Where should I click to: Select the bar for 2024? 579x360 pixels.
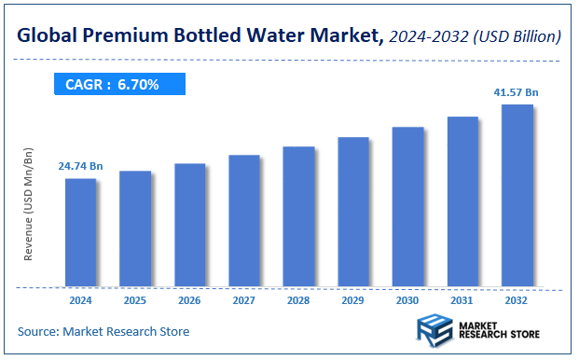pyautogui.click(x=80, y=232)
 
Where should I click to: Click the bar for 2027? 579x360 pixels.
pyautogui.click(x=244, y=221)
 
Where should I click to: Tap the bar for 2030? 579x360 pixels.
pyautogui.click(x=408, y=206)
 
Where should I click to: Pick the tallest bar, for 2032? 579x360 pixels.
pyautogui.click(x=517, y=195)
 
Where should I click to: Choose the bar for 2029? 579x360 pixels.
pyautogui.click(x=353, y=212)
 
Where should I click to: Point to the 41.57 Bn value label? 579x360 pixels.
pyautogui.click(x=515, y=92)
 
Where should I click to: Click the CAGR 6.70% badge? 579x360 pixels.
pyautogui.click(x=118, y=85)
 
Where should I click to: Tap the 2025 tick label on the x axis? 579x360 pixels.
pyautogui.click(x=134, y=301)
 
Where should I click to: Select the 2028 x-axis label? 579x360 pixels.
pyautogui.click(x=298, y=301)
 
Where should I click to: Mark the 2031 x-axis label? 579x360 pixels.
pyautogui.click(x=462, y=301)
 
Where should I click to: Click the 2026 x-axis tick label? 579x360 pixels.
pyautogui.click(x=189, y=301)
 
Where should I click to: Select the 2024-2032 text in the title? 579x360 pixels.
pyautogui.click(x=425, y=37)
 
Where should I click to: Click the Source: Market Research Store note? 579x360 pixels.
pyautogui.click(x=103, y=331)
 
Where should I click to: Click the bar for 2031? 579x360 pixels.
pyautogui.click(x=462, y=201)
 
